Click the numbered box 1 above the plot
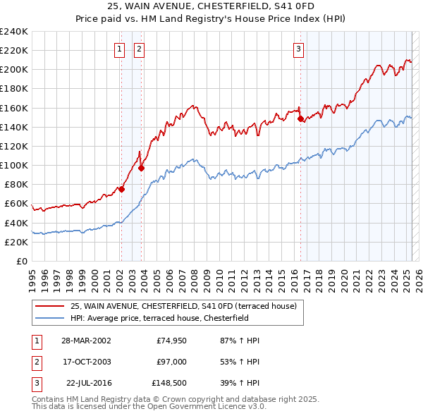click(120, 49)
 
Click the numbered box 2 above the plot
click(140, 49)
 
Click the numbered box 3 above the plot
click(299, 49)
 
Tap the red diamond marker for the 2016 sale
click(300, 119)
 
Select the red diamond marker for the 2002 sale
click(121, 189)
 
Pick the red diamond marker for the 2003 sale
click(141, 168)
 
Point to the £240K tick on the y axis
click(14, 32)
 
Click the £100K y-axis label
click(14, 165)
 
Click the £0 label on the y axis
click(23, 261)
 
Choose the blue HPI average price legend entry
click(166, 318)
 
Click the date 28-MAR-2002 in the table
click(86, 340)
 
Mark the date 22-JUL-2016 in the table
click(88, 384)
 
